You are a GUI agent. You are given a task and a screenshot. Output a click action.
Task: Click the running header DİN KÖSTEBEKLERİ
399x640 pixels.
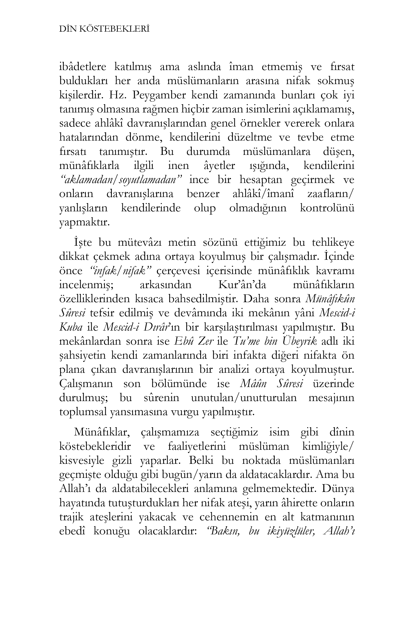pyautogui.click(x=104, y=29)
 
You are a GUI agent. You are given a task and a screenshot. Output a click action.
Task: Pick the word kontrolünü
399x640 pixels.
pyautogui.click(x=327, y=208)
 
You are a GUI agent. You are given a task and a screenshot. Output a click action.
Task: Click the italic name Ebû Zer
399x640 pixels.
pyautogui.click(x=193, y=341)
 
